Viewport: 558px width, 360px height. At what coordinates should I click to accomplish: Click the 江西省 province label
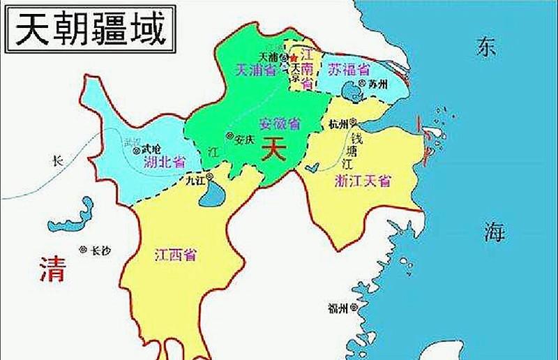174,255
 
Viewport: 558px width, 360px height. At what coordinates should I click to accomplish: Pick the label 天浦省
255,69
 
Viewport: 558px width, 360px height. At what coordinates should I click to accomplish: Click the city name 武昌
151,149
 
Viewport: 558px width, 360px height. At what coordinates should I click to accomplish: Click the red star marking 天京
294,57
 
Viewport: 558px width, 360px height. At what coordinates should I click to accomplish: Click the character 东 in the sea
486,47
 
